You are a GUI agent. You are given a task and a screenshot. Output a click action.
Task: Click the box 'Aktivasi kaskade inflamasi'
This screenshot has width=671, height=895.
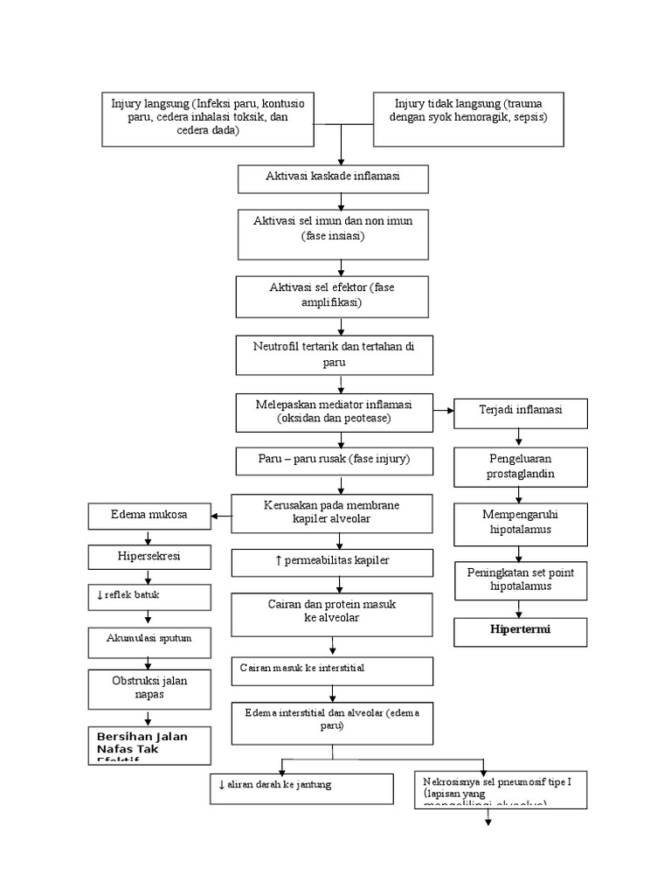[333, 177]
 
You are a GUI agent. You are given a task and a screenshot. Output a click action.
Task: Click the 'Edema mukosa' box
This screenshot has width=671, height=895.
[150, 515]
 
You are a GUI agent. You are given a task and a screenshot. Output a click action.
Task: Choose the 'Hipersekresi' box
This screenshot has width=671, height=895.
[150, 556]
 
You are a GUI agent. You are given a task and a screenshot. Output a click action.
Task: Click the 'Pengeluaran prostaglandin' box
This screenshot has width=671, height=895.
[521, 466]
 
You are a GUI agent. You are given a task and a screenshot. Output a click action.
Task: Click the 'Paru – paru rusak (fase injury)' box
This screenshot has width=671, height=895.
[334, 460]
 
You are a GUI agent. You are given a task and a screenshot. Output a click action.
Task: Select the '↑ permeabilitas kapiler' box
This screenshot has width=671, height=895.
[332, 561]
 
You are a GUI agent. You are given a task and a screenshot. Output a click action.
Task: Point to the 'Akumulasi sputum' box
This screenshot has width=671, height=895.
[150, 640]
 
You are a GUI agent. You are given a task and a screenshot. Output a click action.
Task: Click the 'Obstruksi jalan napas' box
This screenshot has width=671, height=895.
[150, 687]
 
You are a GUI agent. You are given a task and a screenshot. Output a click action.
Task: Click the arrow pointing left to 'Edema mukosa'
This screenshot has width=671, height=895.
[223, 516]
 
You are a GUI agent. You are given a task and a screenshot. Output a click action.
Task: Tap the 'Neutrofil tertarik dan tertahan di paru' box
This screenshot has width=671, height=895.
[334, 354]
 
